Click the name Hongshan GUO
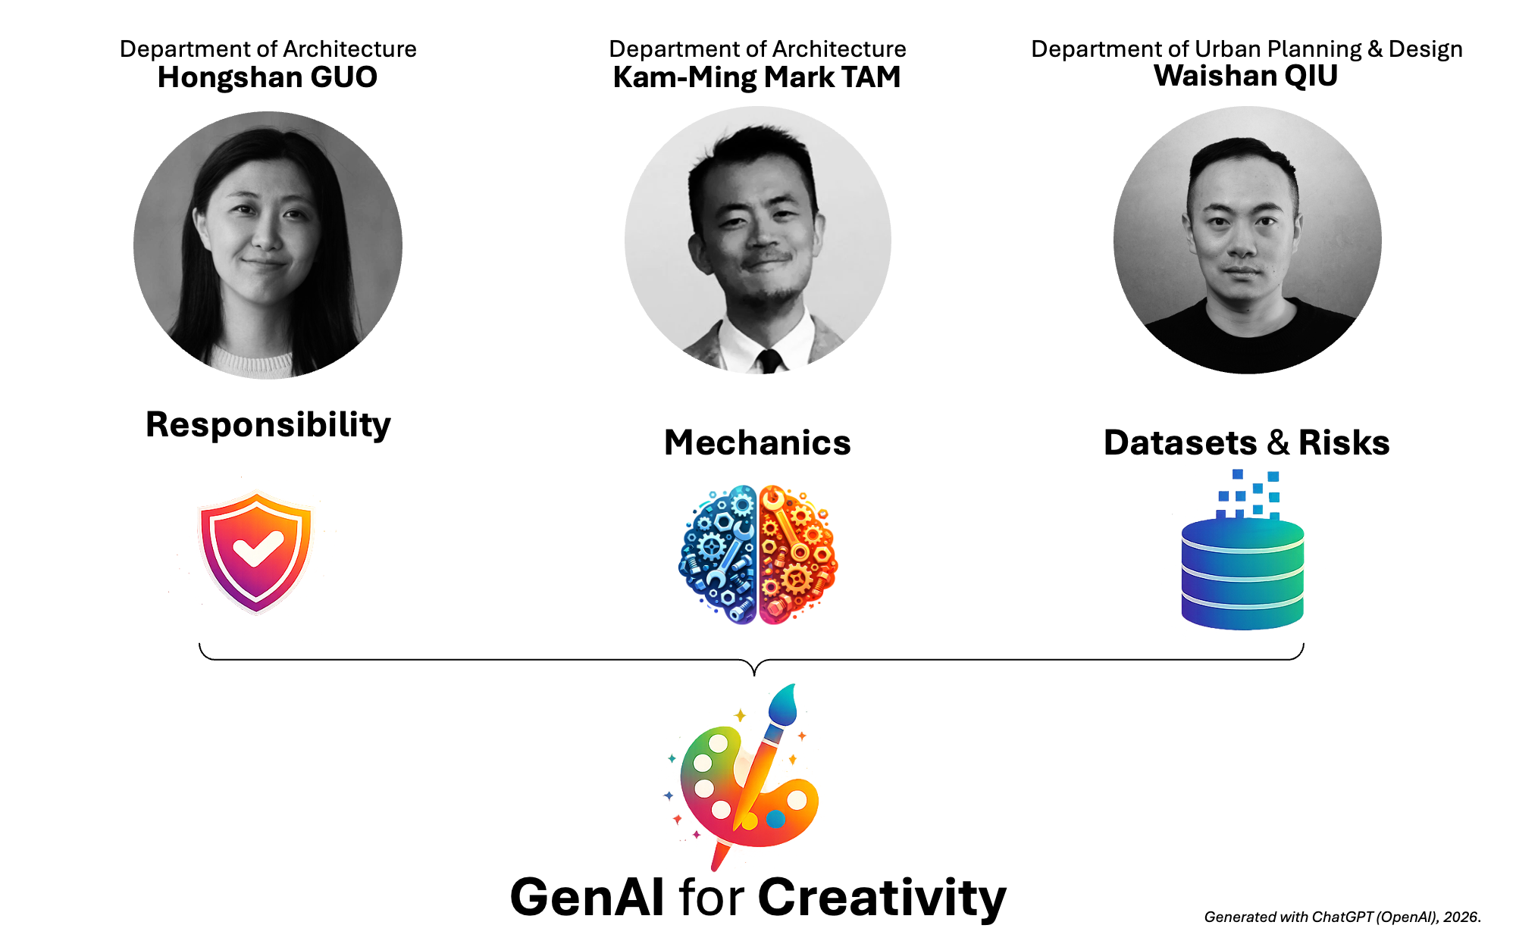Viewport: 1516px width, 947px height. [268, 77]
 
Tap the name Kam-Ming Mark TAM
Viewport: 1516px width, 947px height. [757, 77]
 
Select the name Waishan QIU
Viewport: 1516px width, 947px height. [1246, 76]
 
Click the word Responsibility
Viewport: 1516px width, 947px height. [268, 425]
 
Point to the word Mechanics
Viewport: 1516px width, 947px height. [757, 443]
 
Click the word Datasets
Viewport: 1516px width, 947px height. [1180, 443]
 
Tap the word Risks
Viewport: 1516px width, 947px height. [1344, 443]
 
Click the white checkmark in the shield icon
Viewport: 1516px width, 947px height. [258, 549]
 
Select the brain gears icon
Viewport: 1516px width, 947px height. [757, 555]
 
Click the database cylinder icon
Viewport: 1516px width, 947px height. [1242, 574]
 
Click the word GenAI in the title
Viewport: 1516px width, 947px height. [588, 898]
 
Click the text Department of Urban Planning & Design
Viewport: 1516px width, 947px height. [1247, 49]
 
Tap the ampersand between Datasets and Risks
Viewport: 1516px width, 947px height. [1278, 443]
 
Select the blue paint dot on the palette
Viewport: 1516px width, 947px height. [775, 819]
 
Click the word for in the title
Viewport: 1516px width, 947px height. [712, 898]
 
